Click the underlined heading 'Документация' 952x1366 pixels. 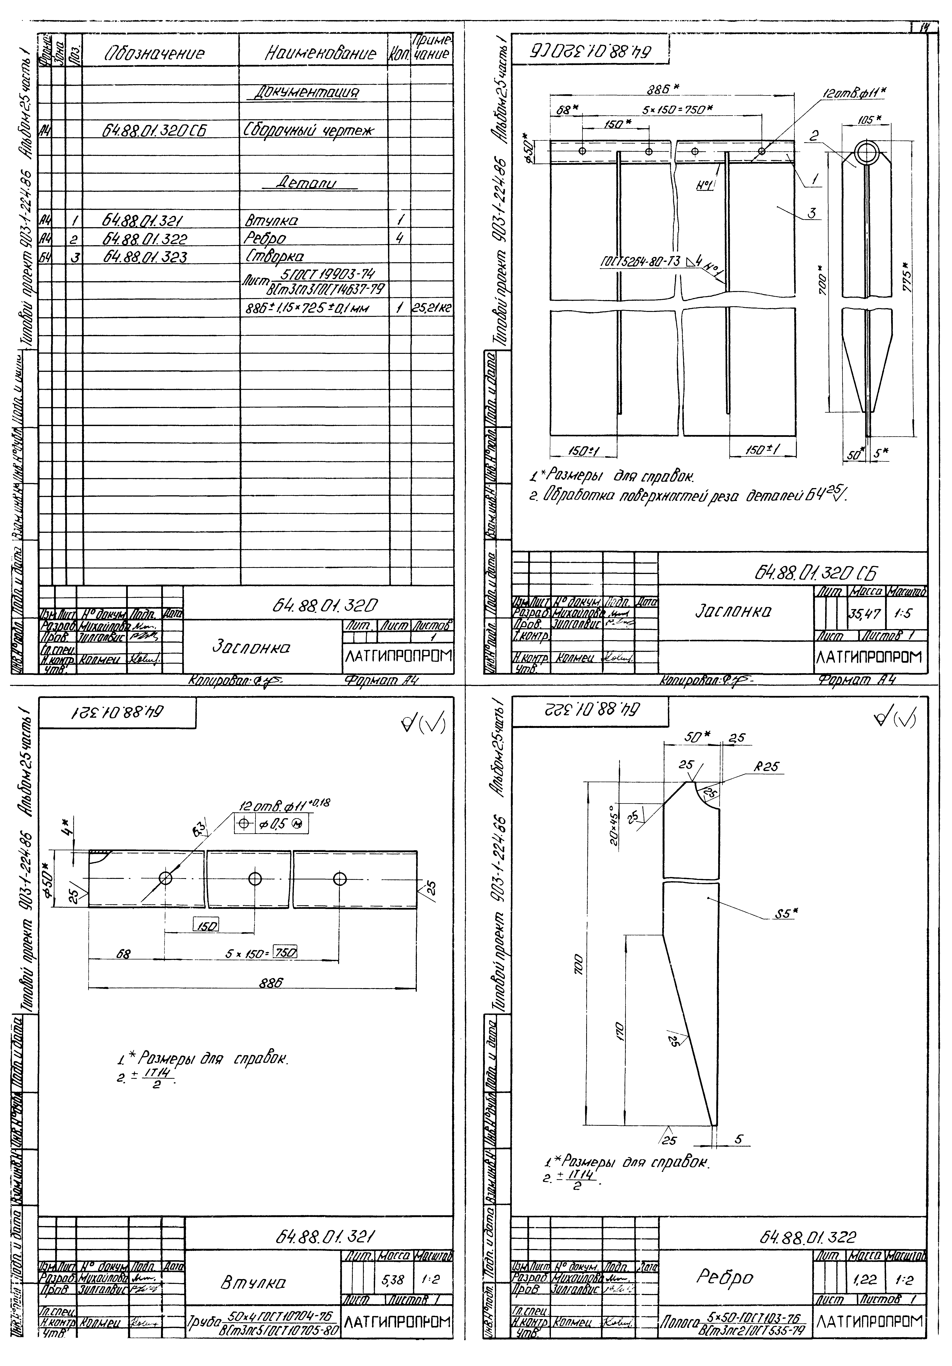[307, 93]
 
